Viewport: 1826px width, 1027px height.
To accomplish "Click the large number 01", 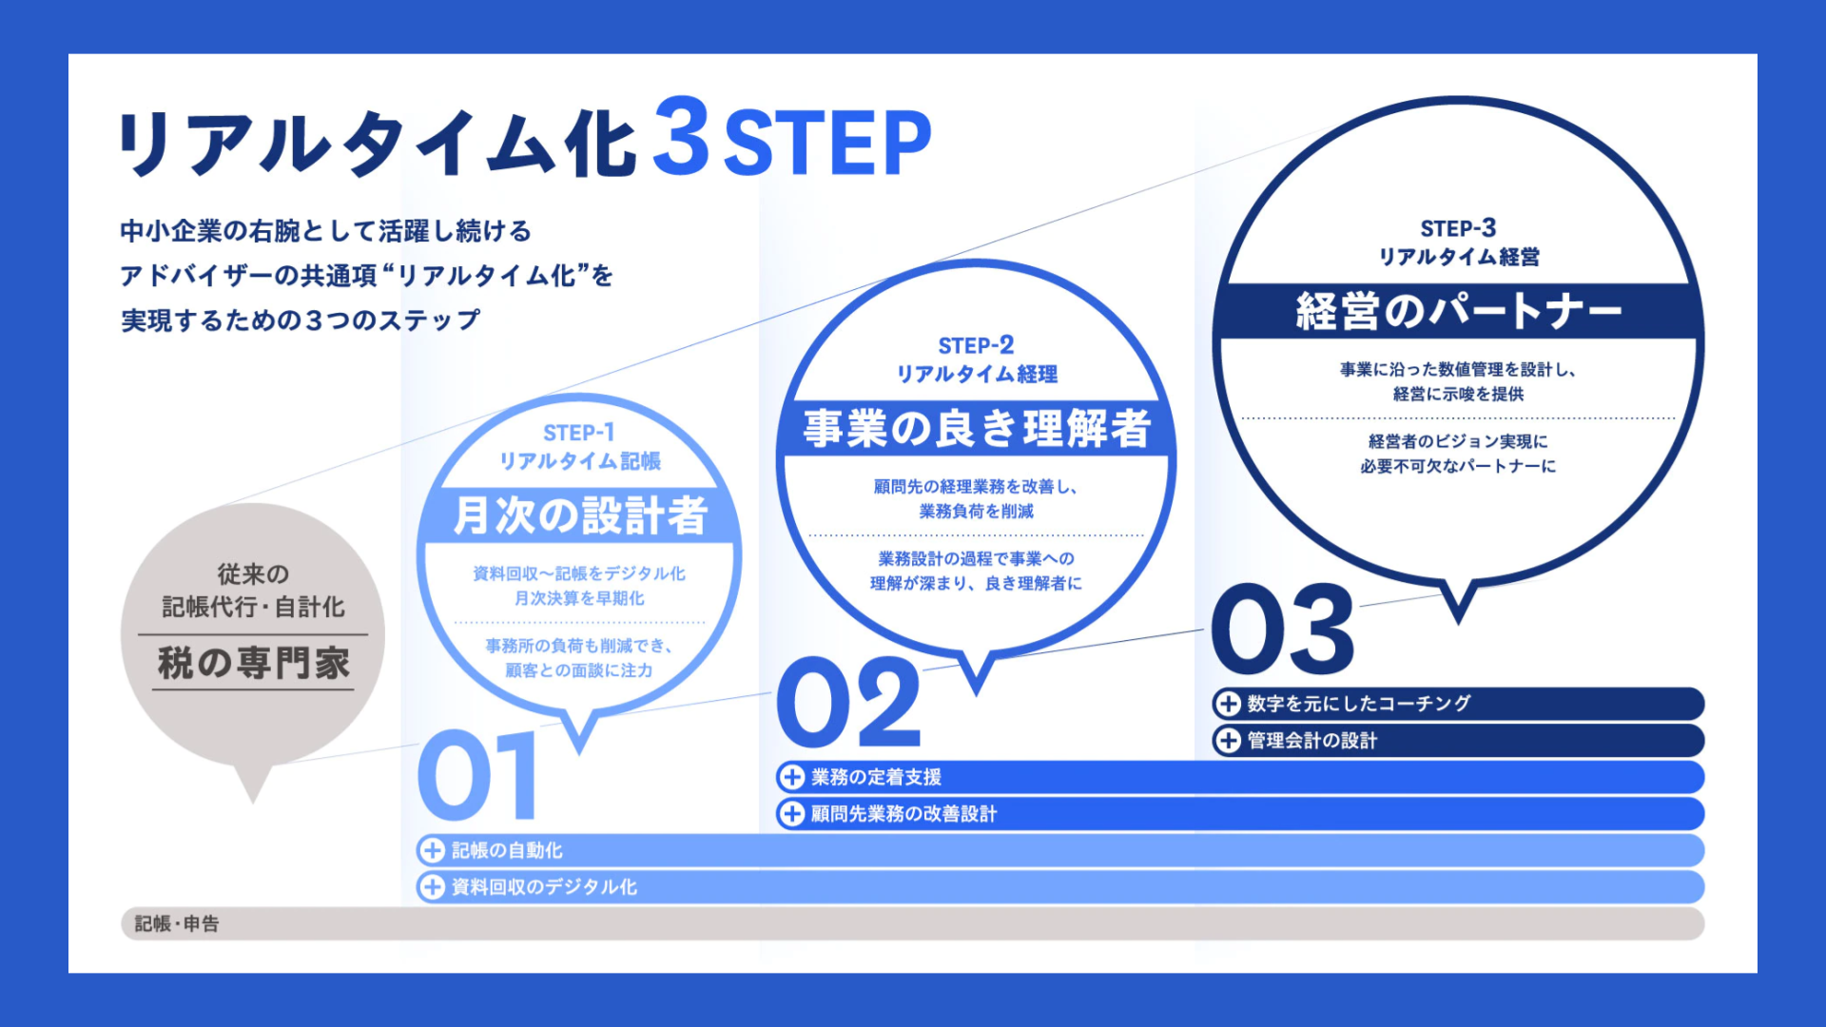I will (477, 775).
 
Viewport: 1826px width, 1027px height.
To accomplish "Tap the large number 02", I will (849, 702).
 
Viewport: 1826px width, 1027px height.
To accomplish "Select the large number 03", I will (1283, 629).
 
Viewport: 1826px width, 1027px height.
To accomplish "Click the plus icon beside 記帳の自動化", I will (433, 850).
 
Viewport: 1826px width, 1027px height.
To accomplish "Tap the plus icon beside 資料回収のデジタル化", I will (433, 887).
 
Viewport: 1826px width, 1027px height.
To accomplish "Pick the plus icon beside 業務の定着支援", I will (791, 777).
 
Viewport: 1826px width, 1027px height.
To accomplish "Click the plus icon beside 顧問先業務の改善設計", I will (791, 814).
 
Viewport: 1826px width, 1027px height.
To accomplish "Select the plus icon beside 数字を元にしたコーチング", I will (1228, 704).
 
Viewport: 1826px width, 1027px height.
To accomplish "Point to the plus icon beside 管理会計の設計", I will (1228, 741).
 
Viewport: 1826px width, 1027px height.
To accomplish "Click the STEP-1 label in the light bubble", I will (578, 433).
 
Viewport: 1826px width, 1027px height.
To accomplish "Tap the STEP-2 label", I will (976, 345).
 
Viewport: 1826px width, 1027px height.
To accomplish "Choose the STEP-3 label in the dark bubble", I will (1458, 228).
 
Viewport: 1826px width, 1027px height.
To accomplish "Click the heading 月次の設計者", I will (580, 515).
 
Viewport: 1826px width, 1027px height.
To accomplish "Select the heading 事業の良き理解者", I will (977, 428).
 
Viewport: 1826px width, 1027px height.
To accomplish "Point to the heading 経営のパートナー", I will (1458, 311).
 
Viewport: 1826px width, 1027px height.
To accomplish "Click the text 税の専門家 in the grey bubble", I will (253, 663).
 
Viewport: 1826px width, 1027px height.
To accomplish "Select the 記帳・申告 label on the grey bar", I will (177, 923).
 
